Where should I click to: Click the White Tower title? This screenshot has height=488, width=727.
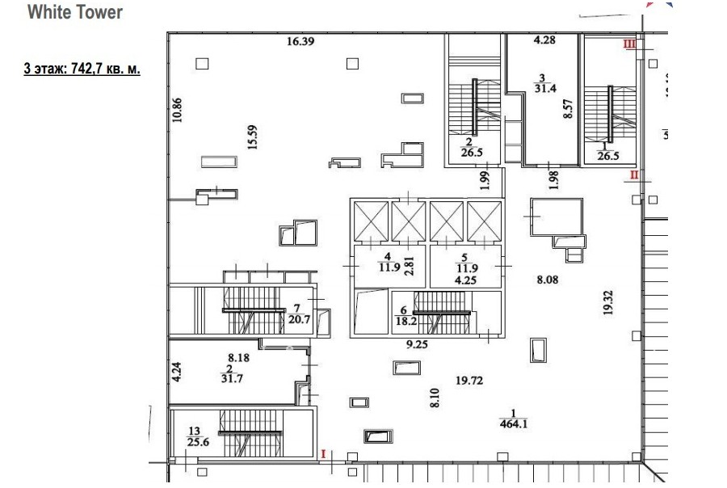pos(75,13)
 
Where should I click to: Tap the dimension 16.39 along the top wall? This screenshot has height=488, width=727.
pos(300,41)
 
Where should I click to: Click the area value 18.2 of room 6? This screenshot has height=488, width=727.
pos(405,321)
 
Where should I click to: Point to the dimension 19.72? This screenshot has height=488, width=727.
pos(469,381)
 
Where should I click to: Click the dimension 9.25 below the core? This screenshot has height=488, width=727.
pos(417,343)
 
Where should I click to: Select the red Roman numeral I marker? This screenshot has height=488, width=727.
pos(323,455)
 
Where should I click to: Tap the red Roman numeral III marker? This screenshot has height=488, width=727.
pos(629,45)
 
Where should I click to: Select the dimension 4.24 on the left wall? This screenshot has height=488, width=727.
pos(176,372)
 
